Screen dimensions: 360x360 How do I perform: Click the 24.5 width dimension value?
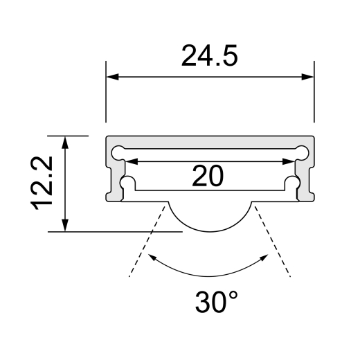pos(209,56)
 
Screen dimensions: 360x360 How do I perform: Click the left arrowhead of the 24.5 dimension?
pos(113,77)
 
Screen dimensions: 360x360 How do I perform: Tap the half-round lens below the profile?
pos(210,216)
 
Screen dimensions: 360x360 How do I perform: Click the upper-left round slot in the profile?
pos(119,150)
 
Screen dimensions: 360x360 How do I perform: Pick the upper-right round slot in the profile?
pos(302,150)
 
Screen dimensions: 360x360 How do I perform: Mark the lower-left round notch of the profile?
pos(127,182)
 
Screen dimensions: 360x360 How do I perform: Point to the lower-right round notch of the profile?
pos(294,182)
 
